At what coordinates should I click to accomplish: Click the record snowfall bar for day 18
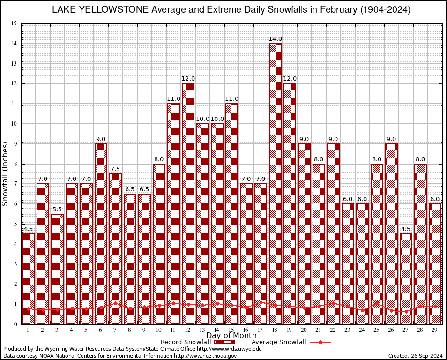(x=275, y=183)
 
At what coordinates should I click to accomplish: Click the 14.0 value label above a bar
(x=275, y=39)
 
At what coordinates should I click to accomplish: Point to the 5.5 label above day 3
(x=57, y=209)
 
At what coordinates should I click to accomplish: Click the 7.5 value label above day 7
(x=115, y=169)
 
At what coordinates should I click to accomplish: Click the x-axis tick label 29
(x=435, y=330)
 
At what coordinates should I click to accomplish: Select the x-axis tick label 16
(x=246, y=330)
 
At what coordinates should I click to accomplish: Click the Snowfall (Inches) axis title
(x=6, y=173)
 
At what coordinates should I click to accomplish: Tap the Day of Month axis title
(x=231, y=336)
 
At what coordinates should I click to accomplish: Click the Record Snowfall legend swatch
(x=227, y=342)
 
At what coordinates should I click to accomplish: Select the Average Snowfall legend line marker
(x=320, y=342)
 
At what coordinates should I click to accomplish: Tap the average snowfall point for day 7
(x=115, y=303)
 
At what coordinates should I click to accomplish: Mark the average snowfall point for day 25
(x=377, y=303)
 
